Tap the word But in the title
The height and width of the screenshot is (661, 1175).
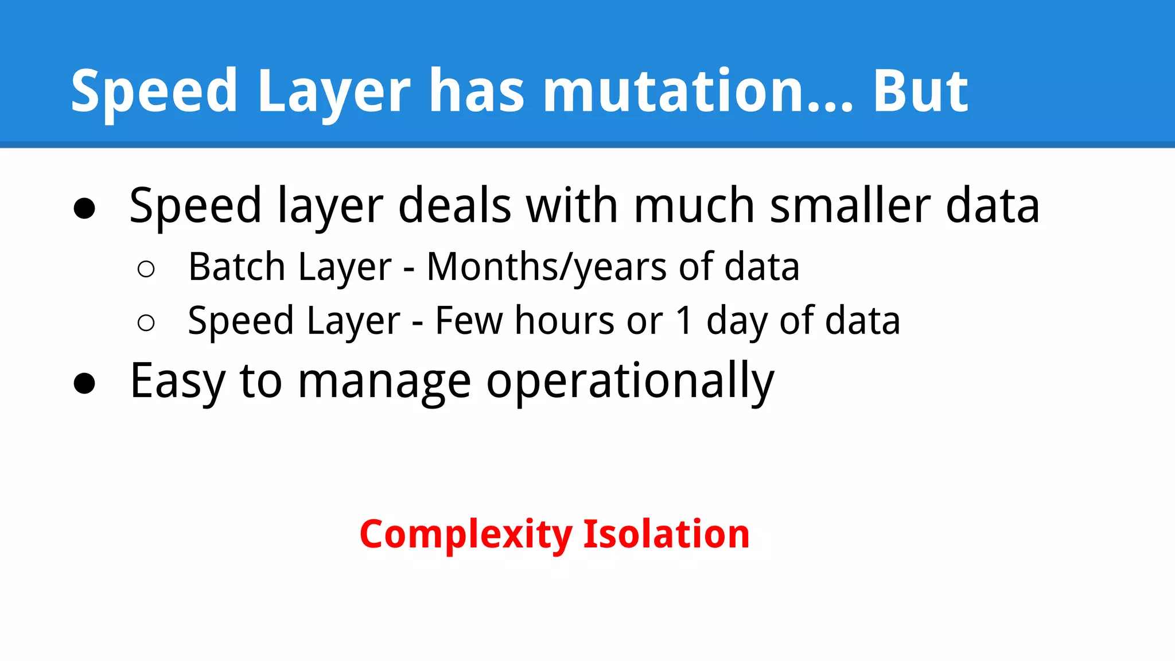coord(920,92)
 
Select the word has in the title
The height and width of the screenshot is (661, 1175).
coord(477,92)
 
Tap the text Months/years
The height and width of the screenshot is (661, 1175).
coord(546,268)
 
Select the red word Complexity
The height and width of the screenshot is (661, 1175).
coord(466,535)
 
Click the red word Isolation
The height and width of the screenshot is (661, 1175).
coord(666,534)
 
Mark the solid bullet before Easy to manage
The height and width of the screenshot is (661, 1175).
coord(84,384)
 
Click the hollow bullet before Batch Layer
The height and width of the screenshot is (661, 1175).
coord(146,269)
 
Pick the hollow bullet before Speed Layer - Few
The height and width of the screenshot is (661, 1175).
coord(146,322)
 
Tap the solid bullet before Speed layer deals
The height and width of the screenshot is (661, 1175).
coord(84,208)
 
